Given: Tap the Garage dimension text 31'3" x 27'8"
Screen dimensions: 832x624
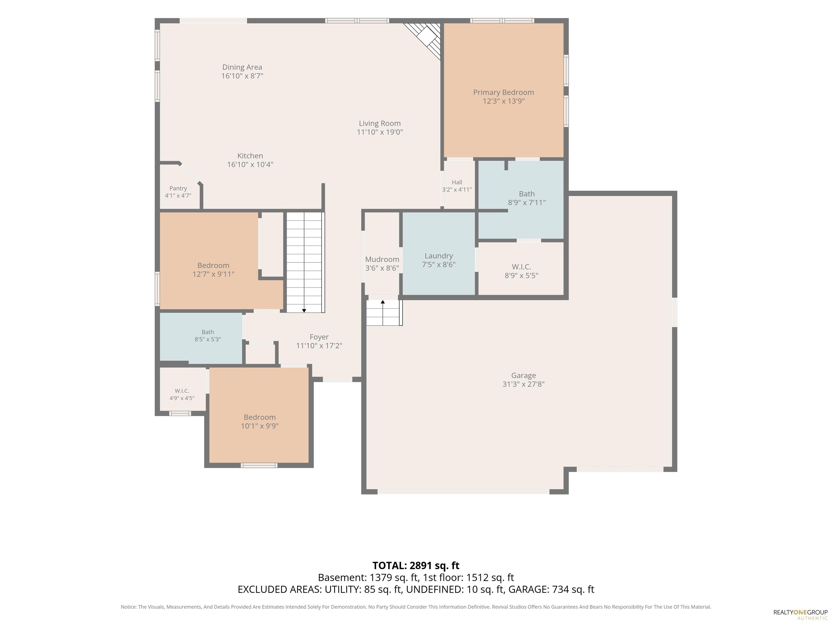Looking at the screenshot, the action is [x=523, y=384].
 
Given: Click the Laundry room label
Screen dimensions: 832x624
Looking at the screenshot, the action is [x=438, y=256].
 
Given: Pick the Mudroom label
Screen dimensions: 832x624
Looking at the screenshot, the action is [x=382, y=259].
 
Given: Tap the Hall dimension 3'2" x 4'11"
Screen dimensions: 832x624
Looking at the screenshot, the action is [x=457, y=190].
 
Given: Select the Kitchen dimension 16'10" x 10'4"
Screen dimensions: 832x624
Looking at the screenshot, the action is [x=250, y=164].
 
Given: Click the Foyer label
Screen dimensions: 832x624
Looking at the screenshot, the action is [x=319, y=337].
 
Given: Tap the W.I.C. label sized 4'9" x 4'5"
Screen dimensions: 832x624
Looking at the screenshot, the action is [x=182, y=391].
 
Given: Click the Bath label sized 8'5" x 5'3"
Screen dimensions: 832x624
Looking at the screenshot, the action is [x=208, y=332].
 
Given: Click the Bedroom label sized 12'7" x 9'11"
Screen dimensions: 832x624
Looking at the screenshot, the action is [x=213, y=265].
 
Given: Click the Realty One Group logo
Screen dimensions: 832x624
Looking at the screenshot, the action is [x=800, y=614].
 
